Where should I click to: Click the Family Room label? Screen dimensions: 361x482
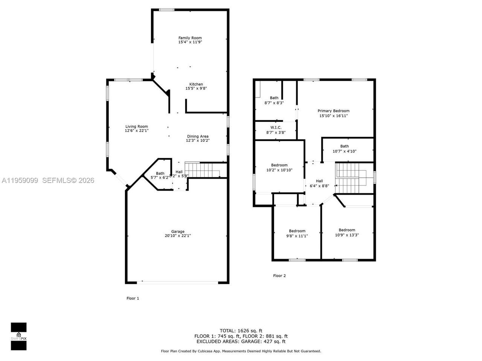coord(190,38)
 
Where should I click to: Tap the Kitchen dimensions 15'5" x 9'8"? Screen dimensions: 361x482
coord(196,89)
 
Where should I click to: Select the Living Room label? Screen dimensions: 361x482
coord(136,127)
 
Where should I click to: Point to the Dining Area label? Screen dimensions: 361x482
coord(198,137)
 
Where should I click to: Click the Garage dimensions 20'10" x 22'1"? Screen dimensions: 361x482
coord(178,236)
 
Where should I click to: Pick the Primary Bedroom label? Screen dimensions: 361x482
coord(333,111)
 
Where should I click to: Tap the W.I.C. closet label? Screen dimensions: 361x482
coord(276,128)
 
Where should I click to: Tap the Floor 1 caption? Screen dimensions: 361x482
coord(133,299)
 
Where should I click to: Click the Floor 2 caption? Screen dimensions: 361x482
coord(279,276)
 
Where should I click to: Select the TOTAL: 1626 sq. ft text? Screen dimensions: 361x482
coord(241,331)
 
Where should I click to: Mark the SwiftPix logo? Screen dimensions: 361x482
coord(18,336)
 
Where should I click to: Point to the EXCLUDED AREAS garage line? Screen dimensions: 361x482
coord(241,342)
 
